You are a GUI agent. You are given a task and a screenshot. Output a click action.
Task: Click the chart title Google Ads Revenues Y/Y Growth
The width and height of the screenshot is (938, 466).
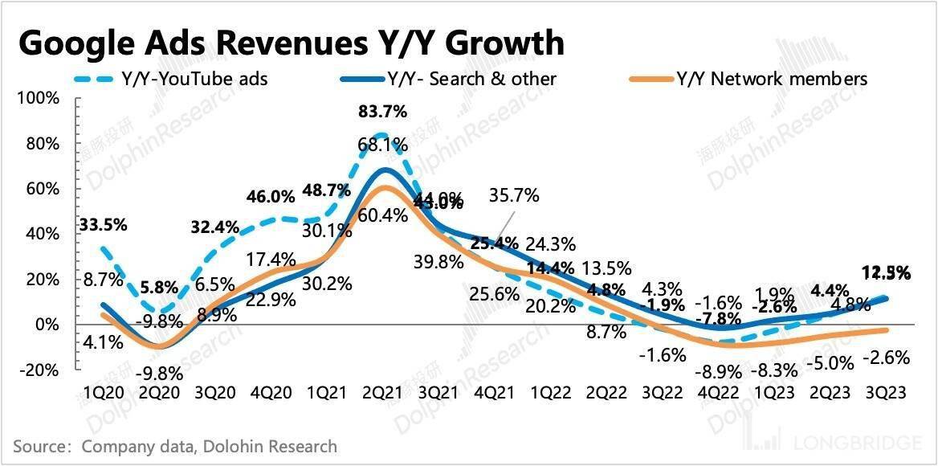pos(290,42)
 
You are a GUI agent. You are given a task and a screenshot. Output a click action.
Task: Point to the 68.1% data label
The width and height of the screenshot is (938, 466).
pos(383,145)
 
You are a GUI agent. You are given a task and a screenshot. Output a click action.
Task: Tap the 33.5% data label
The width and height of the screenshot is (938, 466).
pos(103,225)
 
